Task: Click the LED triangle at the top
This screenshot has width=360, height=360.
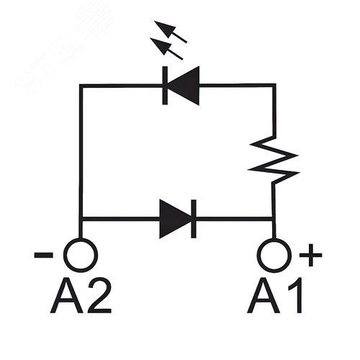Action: tap(184, 86)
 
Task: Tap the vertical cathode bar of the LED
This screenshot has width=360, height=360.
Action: tap(166, 86)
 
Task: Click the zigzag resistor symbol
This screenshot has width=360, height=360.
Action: tap(274, 159)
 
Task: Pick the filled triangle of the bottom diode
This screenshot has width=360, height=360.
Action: tap(174, 217)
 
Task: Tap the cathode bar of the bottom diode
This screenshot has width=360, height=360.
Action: tap(193, 217)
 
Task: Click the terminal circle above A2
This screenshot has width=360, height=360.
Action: tap(80, 254)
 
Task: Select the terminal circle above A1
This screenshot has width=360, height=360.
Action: tap(274, 254)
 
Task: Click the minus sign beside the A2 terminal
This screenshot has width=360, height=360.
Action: tap(42, 254)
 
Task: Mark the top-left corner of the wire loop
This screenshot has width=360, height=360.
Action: tap(81, 86)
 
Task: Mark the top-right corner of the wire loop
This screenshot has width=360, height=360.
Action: tap(274, 86)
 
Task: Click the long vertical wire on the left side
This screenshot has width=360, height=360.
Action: tap(81, 151)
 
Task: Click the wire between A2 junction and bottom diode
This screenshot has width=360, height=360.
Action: tap(119, 217)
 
